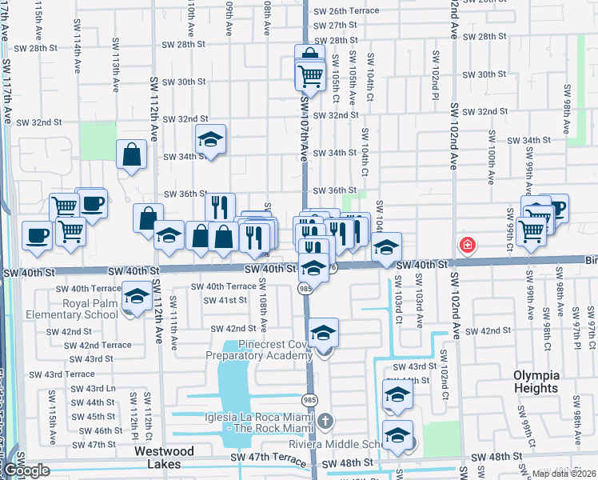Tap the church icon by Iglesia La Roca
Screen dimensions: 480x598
point(325,421)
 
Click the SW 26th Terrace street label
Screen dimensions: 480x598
point(346,12)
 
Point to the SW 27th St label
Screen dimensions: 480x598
point(335,26)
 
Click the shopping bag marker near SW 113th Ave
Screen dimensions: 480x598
point(130,154)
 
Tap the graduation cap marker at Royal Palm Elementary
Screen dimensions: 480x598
point(137,298)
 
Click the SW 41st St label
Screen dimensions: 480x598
point(225,300)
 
